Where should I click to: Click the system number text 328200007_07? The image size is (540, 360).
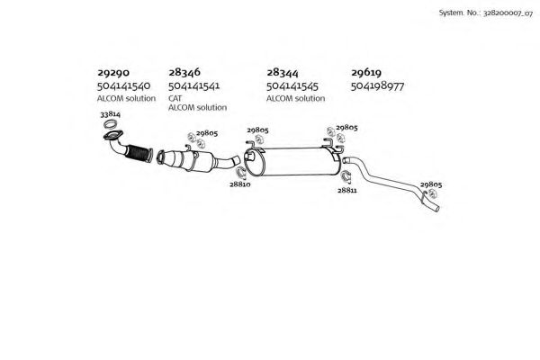pos(508,13)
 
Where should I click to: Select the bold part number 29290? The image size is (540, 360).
pos(113,73)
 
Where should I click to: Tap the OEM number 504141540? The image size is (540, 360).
pos(123,85)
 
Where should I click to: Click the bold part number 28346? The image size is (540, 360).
pos(184,72)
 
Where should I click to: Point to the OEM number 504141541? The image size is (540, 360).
pos(193,85)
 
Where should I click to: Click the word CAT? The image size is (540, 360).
pos(175,98)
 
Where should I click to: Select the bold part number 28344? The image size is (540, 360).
pos(283,73)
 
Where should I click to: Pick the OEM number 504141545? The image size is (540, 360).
pos(292,86)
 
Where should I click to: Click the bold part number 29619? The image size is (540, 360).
pos(366,72)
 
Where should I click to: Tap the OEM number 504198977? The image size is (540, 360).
pos(377,85)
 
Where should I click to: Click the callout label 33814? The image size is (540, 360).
pos(110,114)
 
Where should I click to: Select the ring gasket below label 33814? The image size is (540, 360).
pos(111,124)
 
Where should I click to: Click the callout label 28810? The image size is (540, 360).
pos(240,184)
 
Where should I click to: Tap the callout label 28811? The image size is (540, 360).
pos(347,190)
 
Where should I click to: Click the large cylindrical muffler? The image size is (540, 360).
pos(292,162)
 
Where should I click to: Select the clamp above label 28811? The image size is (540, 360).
pos(346,176)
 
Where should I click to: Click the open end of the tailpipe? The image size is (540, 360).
pos(436,209)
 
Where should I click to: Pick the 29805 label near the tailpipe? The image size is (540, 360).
pos(431,184)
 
